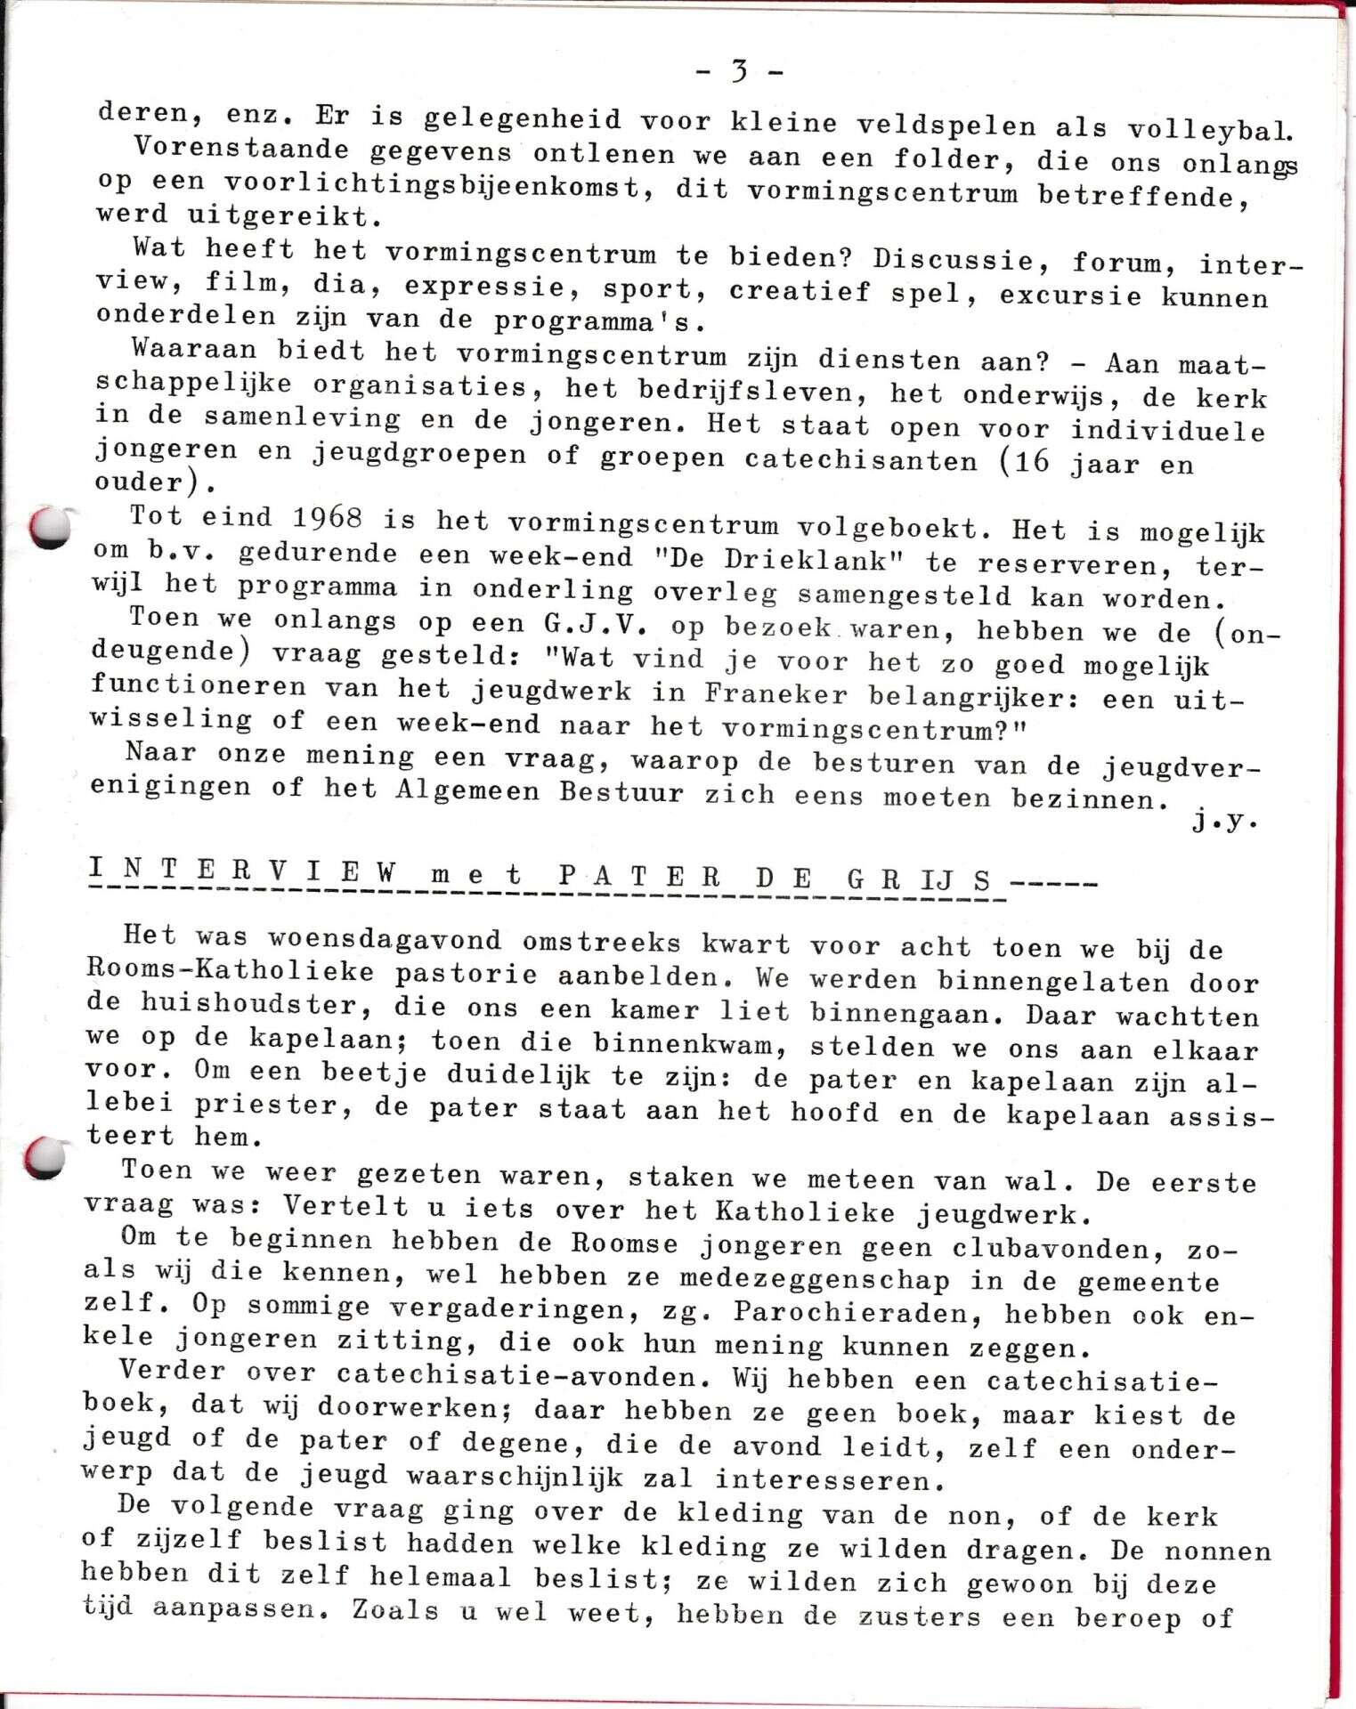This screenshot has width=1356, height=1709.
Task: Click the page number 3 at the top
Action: coord(739,70)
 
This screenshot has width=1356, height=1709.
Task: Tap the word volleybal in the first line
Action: coord(1210,130)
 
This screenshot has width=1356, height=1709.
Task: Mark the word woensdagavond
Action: coord(386,939)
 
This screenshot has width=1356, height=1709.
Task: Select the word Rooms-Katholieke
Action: coord(230,971)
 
